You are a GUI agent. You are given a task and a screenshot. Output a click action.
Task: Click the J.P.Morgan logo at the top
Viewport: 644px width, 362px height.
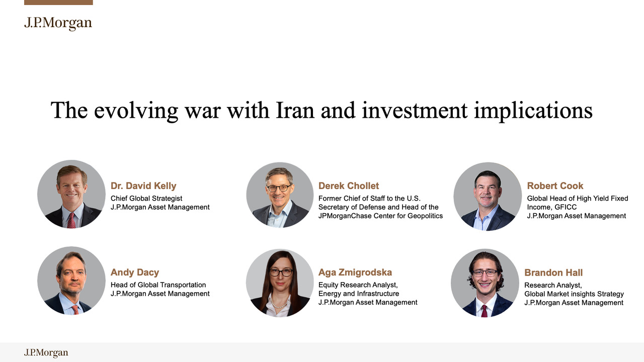[x=58, y=23]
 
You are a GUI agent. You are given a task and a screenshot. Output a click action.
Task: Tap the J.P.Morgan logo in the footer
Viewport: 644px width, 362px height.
[x=46, y=352]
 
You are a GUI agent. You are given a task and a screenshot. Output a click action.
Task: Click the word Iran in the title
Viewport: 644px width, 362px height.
[x=295, y=110]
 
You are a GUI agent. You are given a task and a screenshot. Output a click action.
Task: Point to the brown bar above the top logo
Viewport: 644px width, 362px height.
[x=58, y=3]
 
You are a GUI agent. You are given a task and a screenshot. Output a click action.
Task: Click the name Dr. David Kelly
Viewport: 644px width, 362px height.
[x=143, y=186]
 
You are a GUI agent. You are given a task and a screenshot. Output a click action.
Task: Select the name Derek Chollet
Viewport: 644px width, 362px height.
[x=349, y=186]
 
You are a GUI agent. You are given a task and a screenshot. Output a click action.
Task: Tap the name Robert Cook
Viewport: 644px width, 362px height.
[x=555, y=186]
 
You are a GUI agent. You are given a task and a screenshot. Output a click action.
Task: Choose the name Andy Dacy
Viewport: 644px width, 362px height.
[x=135, y=273]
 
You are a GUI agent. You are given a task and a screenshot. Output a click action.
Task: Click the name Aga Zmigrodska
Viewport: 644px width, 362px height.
[x=355, y=273]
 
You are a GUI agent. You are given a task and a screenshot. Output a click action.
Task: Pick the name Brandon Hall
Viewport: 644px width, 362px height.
[x=553, y=273]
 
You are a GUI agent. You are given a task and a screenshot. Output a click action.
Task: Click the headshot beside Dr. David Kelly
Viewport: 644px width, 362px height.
[x=71, y=194]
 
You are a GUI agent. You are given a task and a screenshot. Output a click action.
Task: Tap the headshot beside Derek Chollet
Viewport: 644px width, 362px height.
[x=280, y=195]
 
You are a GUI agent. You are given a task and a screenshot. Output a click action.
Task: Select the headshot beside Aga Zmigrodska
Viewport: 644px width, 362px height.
[x=280, y=283]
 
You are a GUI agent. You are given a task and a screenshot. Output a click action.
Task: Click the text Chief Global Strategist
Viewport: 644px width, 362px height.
[x=146, y=199]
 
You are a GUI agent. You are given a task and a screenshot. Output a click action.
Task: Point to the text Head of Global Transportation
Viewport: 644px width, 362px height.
[x=158, y=285]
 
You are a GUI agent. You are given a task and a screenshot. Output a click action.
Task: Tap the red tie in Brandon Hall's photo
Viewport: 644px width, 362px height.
[x=485, y=311]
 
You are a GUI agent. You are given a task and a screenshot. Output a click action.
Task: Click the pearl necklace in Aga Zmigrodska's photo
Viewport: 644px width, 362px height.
[x=278, y=304]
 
